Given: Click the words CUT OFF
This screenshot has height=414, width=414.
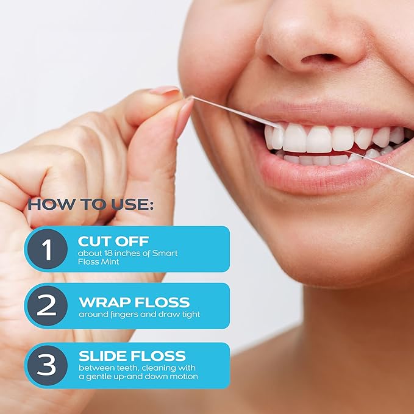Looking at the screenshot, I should (x=113, y=241).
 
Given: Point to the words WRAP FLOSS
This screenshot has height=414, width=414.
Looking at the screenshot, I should (x=134, y=302).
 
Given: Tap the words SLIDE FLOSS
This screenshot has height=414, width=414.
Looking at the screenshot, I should (x=132, y=356).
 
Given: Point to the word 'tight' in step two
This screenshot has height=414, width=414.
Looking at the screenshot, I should (x=190, y=315).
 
